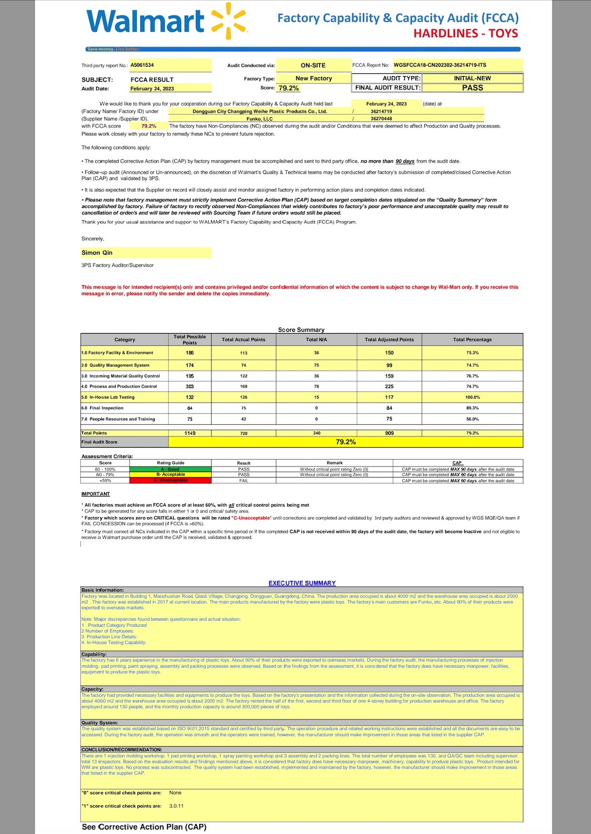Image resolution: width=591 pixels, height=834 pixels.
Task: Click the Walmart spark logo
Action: coord(229,21)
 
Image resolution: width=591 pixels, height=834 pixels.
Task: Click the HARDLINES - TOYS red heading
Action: coord(465,33)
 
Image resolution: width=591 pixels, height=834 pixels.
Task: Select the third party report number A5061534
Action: coord(142,65)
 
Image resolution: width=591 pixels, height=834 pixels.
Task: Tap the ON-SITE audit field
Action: coord(313,66)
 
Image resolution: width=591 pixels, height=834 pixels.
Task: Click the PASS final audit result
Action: coord(472,88)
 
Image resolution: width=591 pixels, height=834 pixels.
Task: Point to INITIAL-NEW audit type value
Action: coord(472,78)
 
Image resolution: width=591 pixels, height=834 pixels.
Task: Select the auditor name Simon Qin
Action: coord(97,252)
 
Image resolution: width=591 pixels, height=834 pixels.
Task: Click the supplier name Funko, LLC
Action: coord(260,118)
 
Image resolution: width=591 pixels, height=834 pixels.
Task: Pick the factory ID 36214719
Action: coord(381,111)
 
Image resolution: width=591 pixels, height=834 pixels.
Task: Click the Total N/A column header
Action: coord(317,340)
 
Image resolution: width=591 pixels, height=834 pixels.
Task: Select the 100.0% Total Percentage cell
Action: coord(472,397)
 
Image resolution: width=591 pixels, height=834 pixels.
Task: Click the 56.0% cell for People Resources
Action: coord(472,419)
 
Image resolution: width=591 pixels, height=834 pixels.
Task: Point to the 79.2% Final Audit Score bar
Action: coord(346,442)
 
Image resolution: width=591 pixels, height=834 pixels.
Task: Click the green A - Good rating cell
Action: coord(170,469)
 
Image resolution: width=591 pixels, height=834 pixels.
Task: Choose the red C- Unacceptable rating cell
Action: coord(170,480)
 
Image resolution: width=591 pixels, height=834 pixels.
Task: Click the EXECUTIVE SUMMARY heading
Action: coord(302,583)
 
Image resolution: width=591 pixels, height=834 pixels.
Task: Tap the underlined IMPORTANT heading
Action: coord(96,494)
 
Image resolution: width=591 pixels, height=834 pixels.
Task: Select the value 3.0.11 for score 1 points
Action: coord(176,806)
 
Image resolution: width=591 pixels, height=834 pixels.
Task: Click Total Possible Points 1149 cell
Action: coord(190,433)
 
